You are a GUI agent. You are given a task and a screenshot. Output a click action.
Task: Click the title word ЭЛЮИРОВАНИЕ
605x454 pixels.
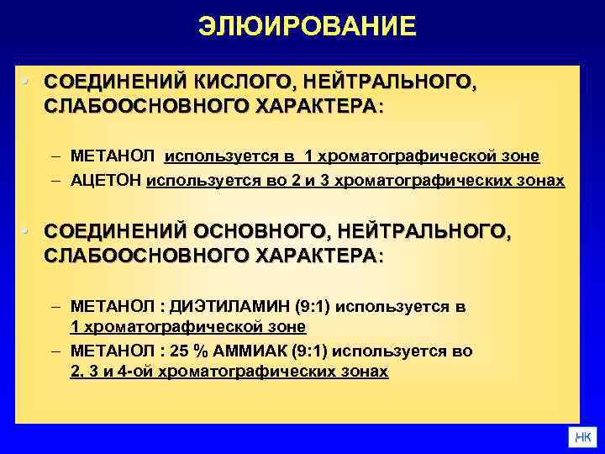pos(307,27)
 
